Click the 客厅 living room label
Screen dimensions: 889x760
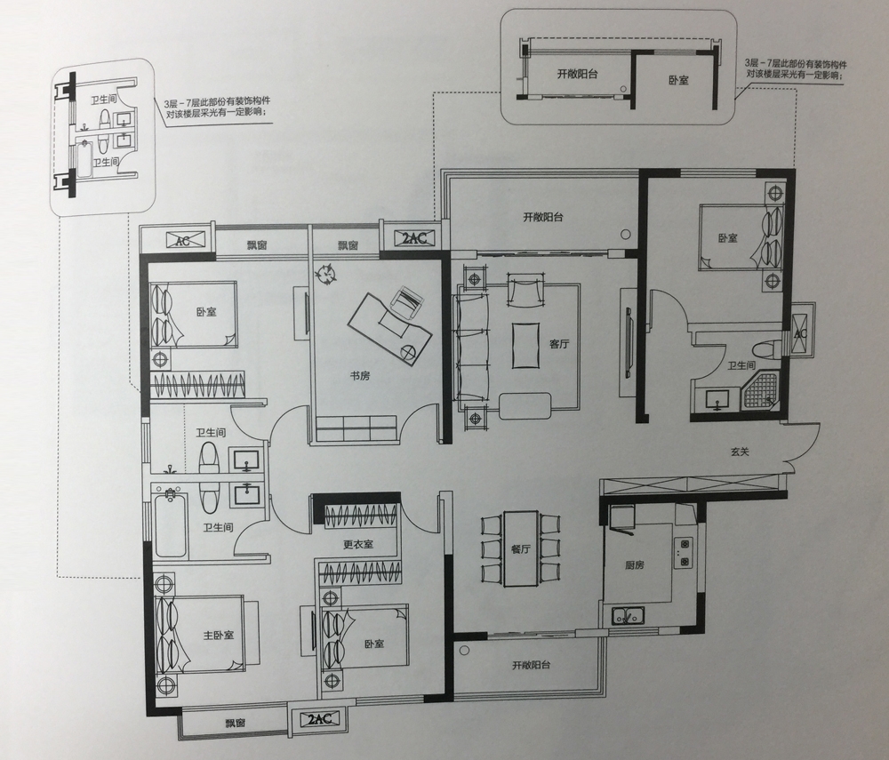coord(559,344)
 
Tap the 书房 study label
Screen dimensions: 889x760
coord(360,375)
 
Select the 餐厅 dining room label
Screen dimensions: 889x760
coord(520,548)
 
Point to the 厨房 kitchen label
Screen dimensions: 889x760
coord(635,565)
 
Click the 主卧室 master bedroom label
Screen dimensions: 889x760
coord(219,635)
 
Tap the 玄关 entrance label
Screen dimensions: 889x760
coord(740,452)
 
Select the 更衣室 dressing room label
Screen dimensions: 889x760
coord(358,545)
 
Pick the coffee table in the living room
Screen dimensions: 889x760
coord(526,346)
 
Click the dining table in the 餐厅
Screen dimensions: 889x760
coord(521,548)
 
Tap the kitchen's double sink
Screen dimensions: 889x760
coord(628,614)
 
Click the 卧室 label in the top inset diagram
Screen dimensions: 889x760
coord(678,80)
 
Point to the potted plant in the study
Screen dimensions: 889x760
coord(326,275)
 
